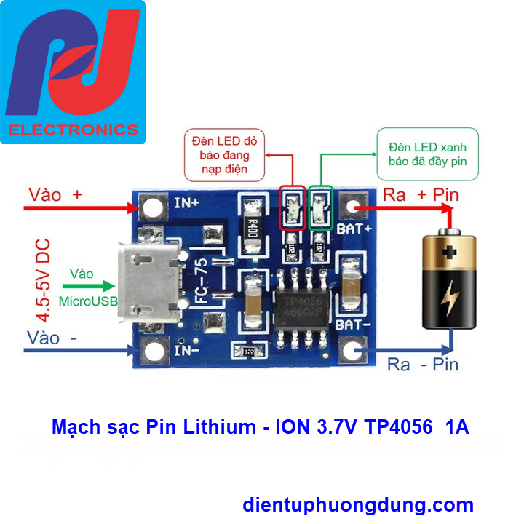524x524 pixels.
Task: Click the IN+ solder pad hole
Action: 152,207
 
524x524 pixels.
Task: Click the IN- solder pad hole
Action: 154,352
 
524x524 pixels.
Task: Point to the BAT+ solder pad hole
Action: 354,207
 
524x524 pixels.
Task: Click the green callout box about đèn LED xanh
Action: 427,153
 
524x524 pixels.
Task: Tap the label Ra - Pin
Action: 423,364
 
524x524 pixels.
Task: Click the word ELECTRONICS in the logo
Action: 73,130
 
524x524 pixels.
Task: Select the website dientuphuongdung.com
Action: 357,504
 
